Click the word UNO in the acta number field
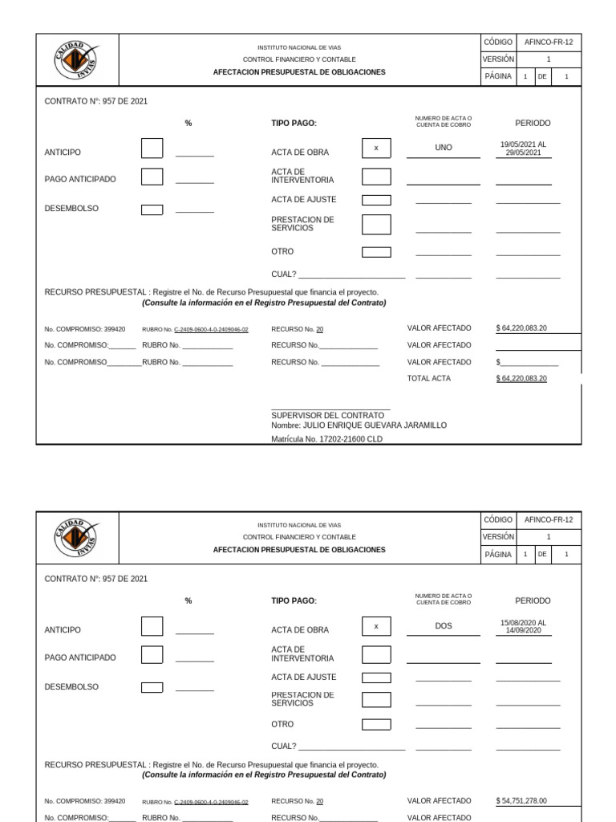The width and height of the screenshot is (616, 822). pyautogui.click(x=443, y=149)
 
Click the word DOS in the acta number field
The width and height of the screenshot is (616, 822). pyautogui.click(x=443, y=626)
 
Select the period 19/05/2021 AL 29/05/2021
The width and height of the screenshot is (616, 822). pyautogui.click(x=523, y=149)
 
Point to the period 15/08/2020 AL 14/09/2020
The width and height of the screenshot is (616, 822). pyautogui.click(x=523, y=626)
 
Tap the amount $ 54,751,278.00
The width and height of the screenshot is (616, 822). pyautogui.click(x=521, y=800)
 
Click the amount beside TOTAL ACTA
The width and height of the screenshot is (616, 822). pyautogui.click(x=521, y=378)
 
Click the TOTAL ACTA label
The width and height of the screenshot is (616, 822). pyautogui.click(x=428, y=378)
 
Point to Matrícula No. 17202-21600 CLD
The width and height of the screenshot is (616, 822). pyautogui.click(x=327, y=439)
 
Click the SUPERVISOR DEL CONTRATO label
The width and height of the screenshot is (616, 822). pyautogui.click(x=327, y=415)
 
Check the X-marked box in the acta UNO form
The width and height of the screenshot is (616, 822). pyautogui.click(x=376, y=149)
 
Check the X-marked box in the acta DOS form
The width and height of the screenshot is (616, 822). pyautogui.click(x=376, y=626)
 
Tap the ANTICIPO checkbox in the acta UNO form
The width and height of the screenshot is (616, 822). pyautogui.click(x=152, y=149)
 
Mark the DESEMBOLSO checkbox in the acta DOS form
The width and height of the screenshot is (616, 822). pyautogui.click(x=152, y=687)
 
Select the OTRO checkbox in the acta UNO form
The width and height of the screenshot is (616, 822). pyautogui.click(x=376, y=252)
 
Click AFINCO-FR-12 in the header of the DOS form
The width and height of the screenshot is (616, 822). pyautogui.click(x=549, y=520)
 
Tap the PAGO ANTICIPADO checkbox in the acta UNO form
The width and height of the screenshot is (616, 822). pyautogui.click(x=152, y=177)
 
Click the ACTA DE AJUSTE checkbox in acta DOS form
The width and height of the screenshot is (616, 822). pyautogui.click(x=376, y=678)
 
